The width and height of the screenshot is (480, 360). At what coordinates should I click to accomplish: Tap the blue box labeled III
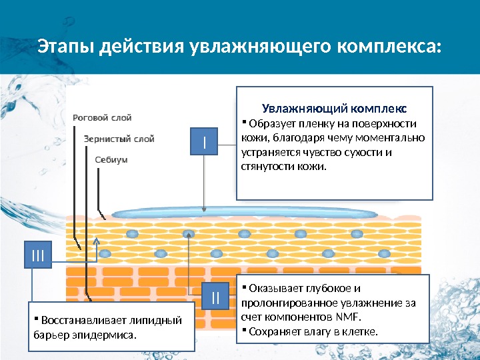pos(38,254)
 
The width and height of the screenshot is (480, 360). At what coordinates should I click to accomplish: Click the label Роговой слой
pos(102,118)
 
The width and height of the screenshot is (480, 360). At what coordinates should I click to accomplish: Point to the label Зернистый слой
pos(119,139)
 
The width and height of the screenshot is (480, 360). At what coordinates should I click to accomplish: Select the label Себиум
pos(111,160)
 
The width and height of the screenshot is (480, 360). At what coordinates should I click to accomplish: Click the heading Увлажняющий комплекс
pos(335,108)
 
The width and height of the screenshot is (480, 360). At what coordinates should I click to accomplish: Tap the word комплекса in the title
pos(390,47)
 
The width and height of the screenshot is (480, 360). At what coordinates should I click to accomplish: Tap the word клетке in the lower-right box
pos(359,331)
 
